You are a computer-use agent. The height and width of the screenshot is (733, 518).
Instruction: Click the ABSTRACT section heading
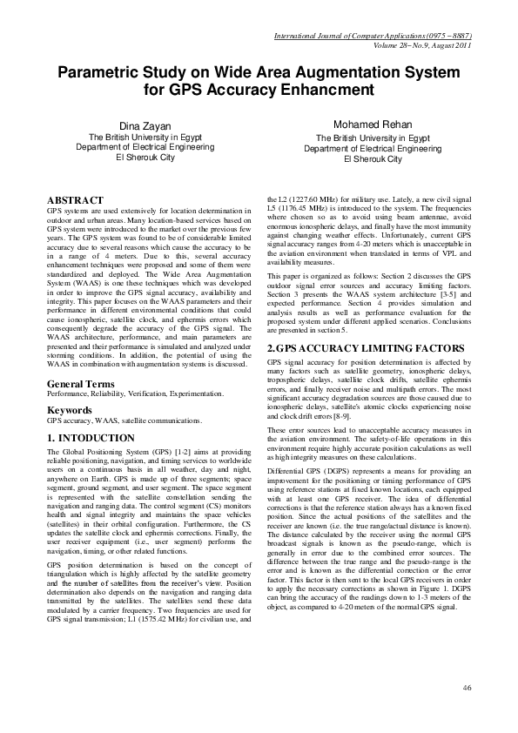pyautogui.click(x=76, y=200)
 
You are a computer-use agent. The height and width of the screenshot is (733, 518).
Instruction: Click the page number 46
pyautogui.click(x=467, y=688)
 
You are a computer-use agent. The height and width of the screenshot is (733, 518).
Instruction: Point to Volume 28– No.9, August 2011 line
pyautogui.click(x=419, y=45)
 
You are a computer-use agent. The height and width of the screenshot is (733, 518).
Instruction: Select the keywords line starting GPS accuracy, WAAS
pyautogui.click(x=124, y=420)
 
